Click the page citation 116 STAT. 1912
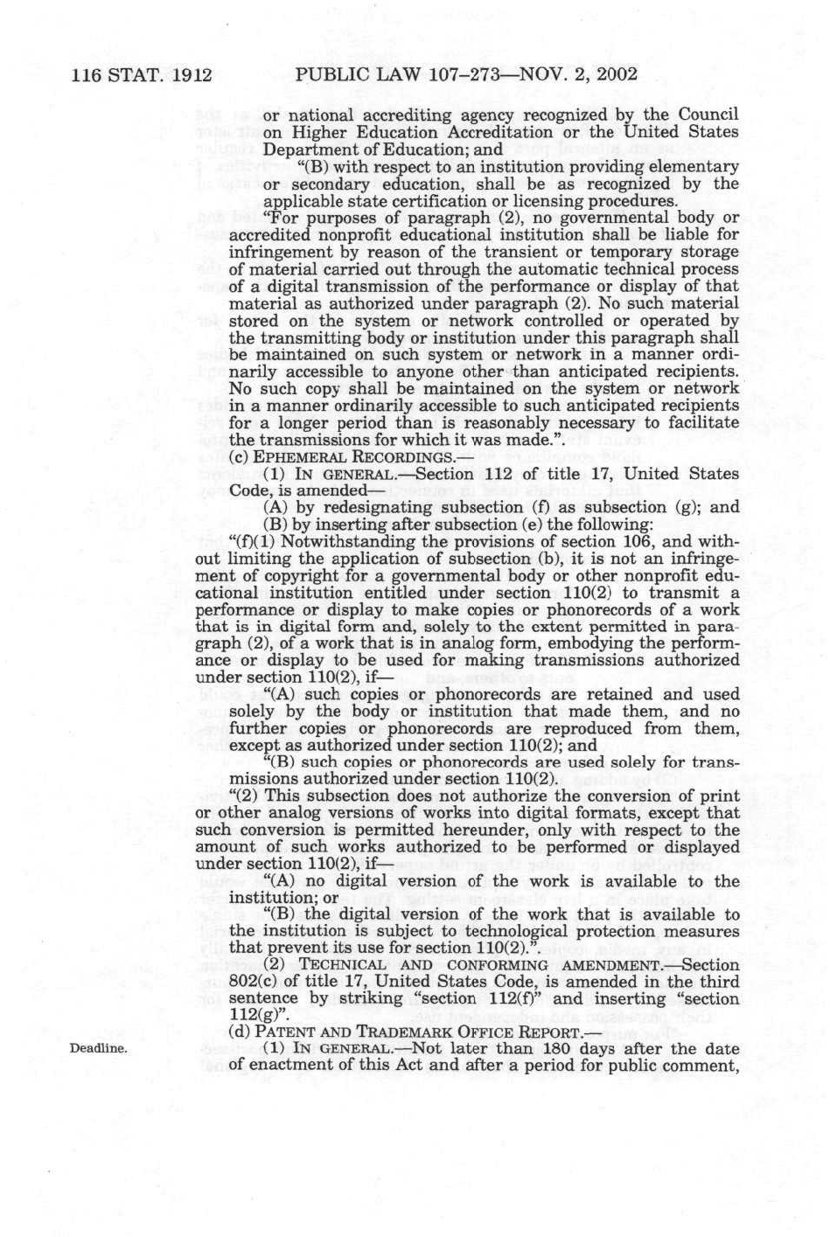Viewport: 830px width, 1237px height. tap(143, 74)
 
